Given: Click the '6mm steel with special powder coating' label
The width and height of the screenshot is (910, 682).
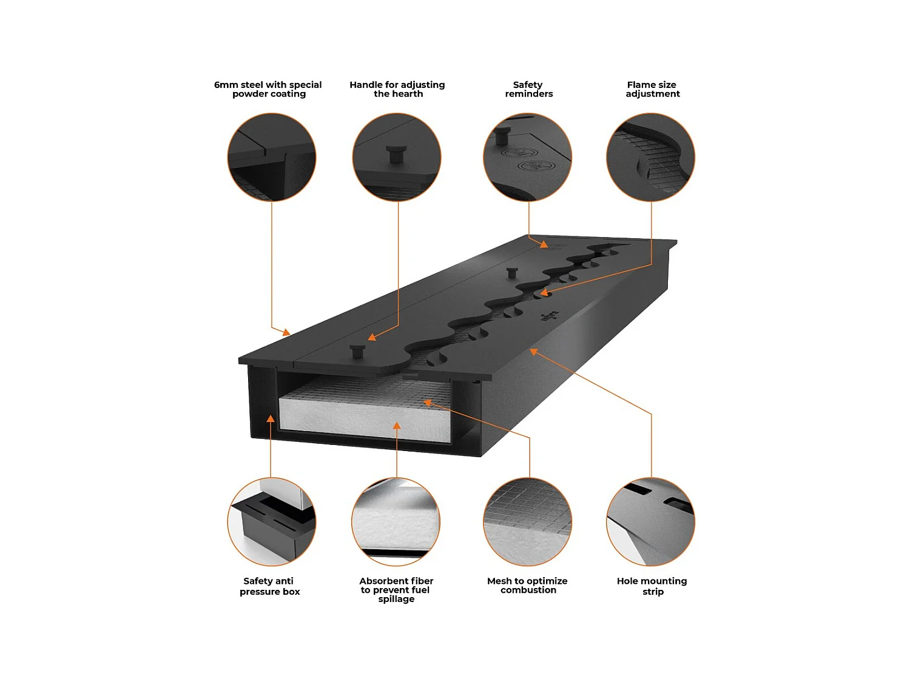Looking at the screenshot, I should pos(268,89).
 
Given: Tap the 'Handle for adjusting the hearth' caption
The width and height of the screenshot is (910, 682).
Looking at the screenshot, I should pos(397,89).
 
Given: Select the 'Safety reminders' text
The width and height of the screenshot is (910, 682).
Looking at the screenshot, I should pos(528,89).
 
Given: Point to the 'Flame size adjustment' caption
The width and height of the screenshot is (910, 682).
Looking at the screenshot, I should pos(652,89).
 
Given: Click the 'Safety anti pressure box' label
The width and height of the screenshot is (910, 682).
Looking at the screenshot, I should pos(269,586).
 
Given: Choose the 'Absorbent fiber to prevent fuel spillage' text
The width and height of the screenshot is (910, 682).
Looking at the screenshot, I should pos(396,590).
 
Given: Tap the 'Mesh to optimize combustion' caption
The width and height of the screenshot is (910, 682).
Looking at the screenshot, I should pos(527,586).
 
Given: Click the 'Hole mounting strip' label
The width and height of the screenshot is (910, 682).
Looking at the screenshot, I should pos(652,586).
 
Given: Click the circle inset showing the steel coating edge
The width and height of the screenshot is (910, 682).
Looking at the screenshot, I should pos(272,157).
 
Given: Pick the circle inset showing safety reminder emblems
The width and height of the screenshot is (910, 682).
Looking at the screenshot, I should pos(527,157).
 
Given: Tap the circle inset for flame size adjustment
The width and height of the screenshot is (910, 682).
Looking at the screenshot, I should pos(650,157).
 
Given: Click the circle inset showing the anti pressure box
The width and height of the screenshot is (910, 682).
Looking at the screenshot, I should pos(272,522).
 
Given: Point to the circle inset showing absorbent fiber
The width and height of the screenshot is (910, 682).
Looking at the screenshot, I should pos(396,522).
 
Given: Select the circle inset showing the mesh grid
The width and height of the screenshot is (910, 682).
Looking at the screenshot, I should pos(527,522).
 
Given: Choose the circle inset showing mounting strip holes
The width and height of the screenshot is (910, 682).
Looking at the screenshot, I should pos(650,522).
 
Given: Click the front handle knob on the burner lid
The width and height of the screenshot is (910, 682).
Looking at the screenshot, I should pos(357,350).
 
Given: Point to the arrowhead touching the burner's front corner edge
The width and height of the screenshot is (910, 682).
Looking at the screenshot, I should pos(286,332).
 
